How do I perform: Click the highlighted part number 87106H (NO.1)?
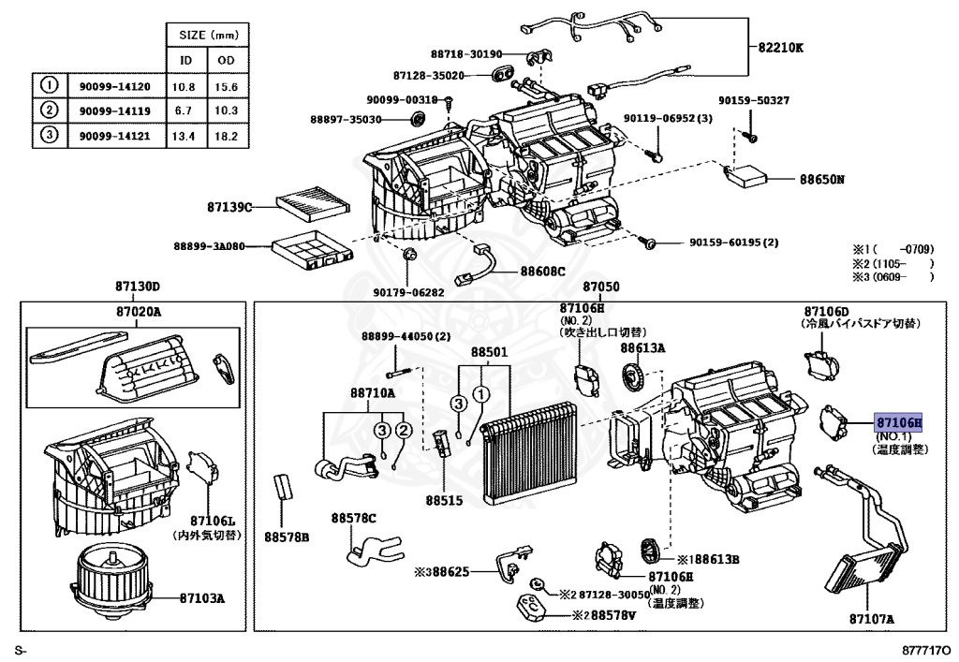click(898, 422)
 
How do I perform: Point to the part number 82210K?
click(780, 48)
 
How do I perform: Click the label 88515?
click(445, 500)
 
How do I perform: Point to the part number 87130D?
click(139, 287)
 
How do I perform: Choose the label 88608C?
click(543, 272)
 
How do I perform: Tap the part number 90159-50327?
click(754, 100)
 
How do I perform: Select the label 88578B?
click(286, 537)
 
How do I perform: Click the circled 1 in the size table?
click(49, 86)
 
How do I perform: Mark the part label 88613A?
click(642, 347)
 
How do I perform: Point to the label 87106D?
click(826, 310)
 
